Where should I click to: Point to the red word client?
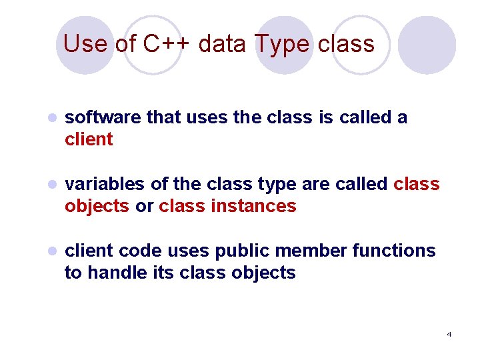89,140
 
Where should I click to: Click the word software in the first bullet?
103,118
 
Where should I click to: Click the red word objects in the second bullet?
97,206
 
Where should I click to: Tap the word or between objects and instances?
144,206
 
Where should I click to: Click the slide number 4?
449,334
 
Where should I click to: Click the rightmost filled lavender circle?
427,45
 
